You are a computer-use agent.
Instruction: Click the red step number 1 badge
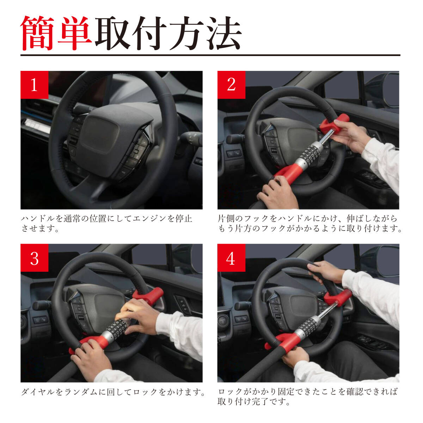(x=35, y=85)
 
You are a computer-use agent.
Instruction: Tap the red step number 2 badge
(x=231, y=85)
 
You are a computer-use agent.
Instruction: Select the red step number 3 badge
(x=35, y=258)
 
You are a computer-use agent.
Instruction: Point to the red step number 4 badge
(x=231, y=258)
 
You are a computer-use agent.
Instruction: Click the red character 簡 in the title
(x=37, y=33)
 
